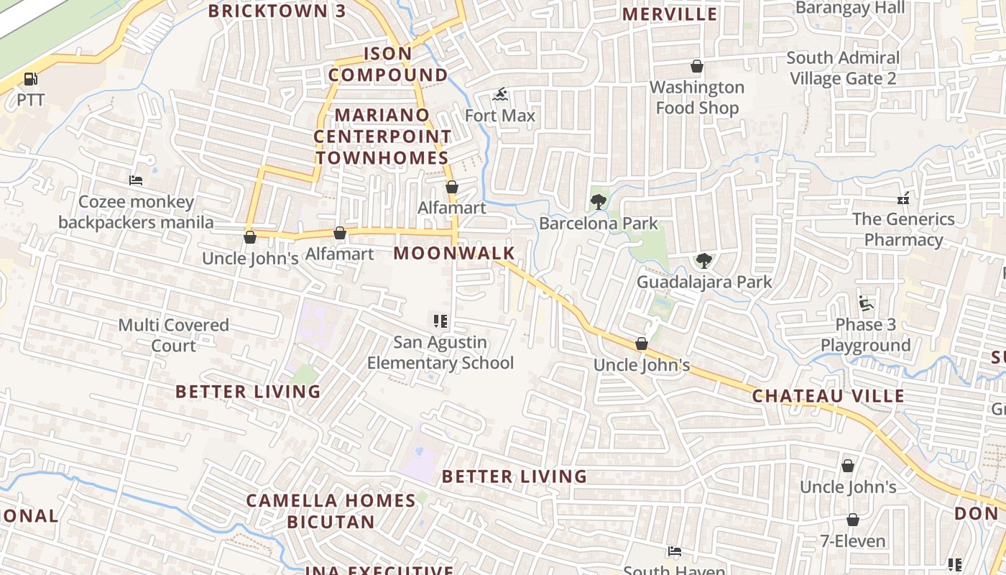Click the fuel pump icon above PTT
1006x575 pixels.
point(30,79)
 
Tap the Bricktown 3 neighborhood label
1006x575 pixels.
point(277,11)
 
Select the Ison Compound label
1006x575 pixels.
point(388,64)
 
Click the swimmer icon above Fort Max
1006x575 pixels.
point(501,95)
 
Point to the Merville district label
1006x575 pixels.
point(669,14)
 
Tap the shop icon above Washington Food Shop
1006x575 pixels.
point(696,67)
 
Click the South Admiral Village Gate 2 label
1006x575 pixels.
point(843,68)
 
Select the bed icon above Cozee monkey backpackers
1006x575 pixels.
point(136,180)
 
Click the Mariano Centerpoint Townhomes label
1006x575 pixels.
point(382,136)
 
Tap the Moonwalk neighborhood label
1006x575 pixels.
point(454,253)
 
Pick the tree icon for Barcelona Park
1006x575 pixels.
point(598,202)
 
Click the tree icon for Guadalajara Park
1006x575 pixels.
point(703,261)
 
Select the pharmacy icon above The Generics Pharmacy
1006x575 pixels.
point(903,198)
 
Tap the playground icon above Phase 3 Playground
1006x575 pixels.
point(866,304)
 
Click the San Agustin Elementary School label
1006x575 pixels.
point(440,352)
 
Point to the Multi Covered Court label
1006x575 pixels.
point(173,335)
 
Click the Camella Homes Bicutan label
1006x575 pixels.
point(331,511)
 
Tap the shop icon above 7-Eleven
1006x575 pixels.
point(853,520)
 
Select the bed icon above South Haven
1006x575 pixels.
point(674,552)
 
